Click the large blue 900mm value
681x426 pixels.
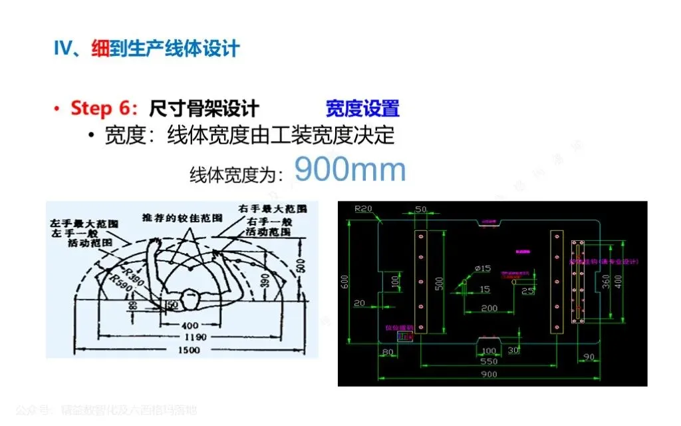350,170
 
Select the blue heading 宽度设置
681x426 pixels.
362,108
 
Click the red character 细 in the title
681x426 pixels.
100,48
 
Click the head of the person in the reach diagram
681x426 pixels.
192,298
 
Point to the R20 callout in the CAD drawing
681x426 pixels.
363,208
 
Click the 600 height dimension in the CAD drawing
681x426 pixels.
346,282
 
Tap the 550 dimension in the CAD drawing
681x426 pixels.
489,361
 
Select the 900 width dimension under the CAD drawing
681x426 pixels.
490,376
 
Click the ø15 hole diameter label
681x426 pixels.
482,268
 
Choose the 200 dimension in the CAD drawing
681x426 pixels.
489,308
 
